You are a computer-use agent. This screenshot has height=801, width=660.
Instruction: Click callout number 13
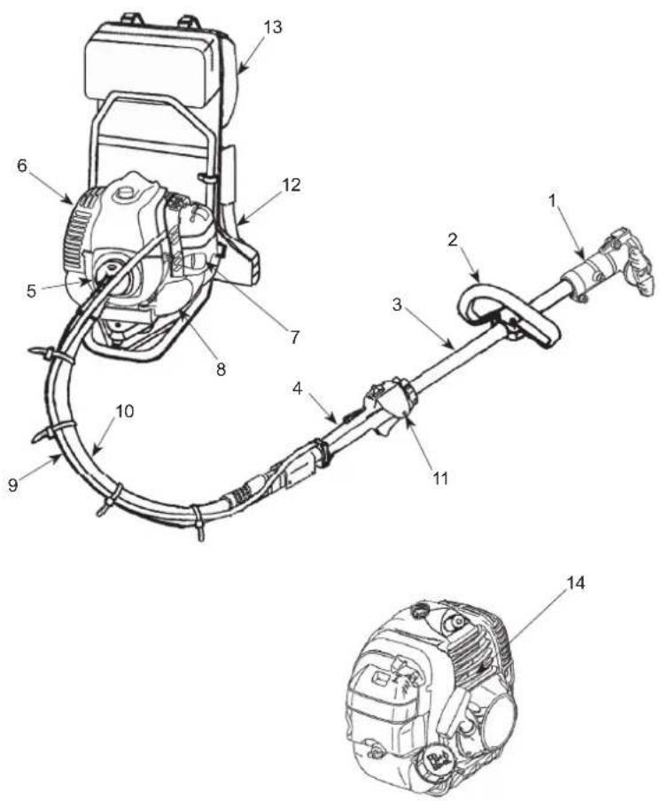(273, 27)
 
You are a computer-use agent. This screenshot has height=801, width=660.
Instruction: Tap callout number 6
(22, 166)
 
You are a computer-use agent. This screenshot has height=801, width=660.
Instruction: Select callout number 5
(31, 292)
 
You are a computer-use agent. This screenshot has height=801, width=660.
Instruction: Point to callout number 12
(291, 185)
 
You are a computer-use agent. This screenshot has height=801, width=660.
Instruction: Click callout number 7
(295, 338)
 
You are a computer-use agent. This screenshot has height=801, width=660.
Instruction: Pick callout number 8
(221, 369)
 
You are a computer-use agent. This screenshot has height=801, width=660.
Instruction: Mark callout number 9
(13, 486)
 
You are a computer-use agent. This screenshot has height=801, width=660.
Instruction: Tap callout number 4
(298, 388)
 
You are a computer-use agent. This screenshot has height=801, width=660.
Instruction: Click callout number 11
(440, 478)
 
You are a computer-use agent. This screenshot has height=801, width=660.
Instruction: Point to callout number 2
(453, 239)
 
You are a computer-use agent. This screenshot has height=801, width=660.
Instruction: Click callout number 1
(552, 201)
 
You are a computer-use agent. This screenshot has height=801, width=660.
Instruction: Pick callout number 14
(575, 583)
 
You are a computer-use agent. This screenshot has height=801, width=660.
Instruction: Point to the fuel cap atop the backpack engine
(124, 195)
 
